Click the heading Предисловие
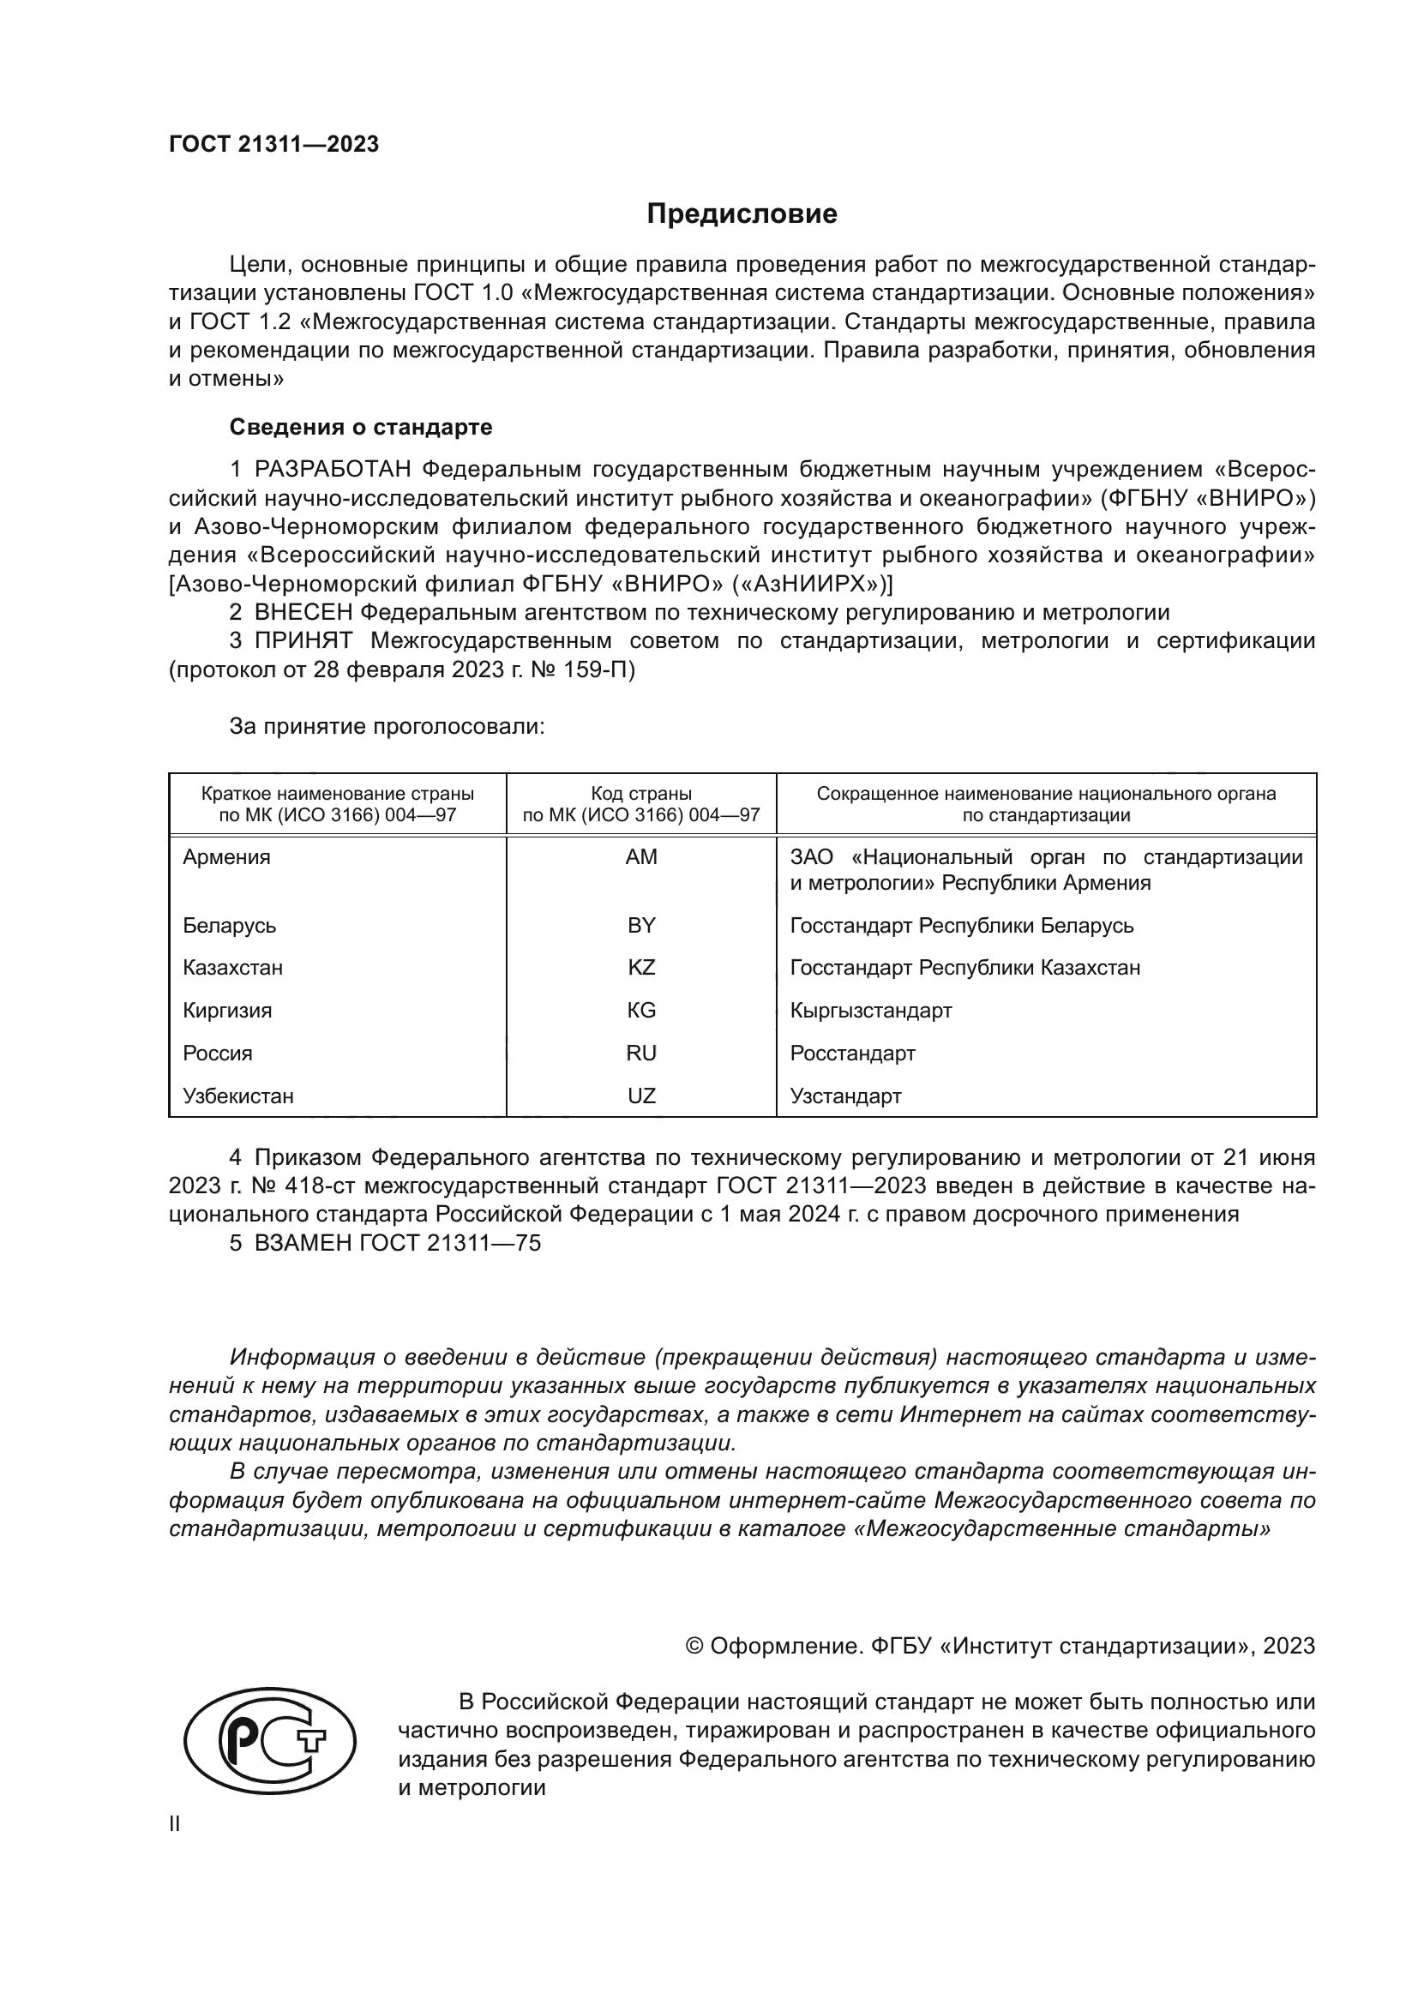(x=742, y=214)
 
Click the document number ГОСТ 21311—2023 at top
(x=274, y=144)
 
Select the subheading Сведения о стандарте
(x=361, y=427)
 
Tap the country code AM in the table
(x=641, y=856)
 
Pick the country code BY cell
(x=641, y=925)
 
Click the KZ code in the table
(x=641, y=968)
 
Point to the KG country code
(x=641, y=1011)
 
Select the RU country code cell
(x=641, y=1054)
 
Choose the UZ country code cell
(x=641, y=1096)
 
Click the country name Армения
(x=227, y=856)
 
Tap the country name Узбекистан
(x=238, y=1096)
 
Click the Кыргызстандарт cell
(x=870, y=1011)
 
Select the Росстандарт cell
(x=852, y=1054)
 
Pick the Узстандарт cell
(x=845, y=1096)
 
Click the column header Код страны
(x=641, y=794)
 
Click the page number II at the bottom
(x=175, y=1824)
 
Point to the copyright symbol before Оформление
(x=695, y=1646)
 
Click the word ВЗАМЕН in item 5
(x=303, y=1243)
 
